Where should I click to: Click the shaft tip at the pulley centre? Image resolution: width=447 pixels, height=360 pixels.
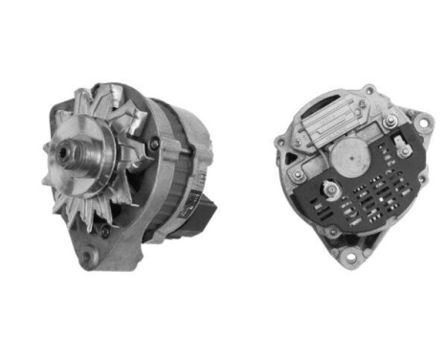[66, 151]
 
